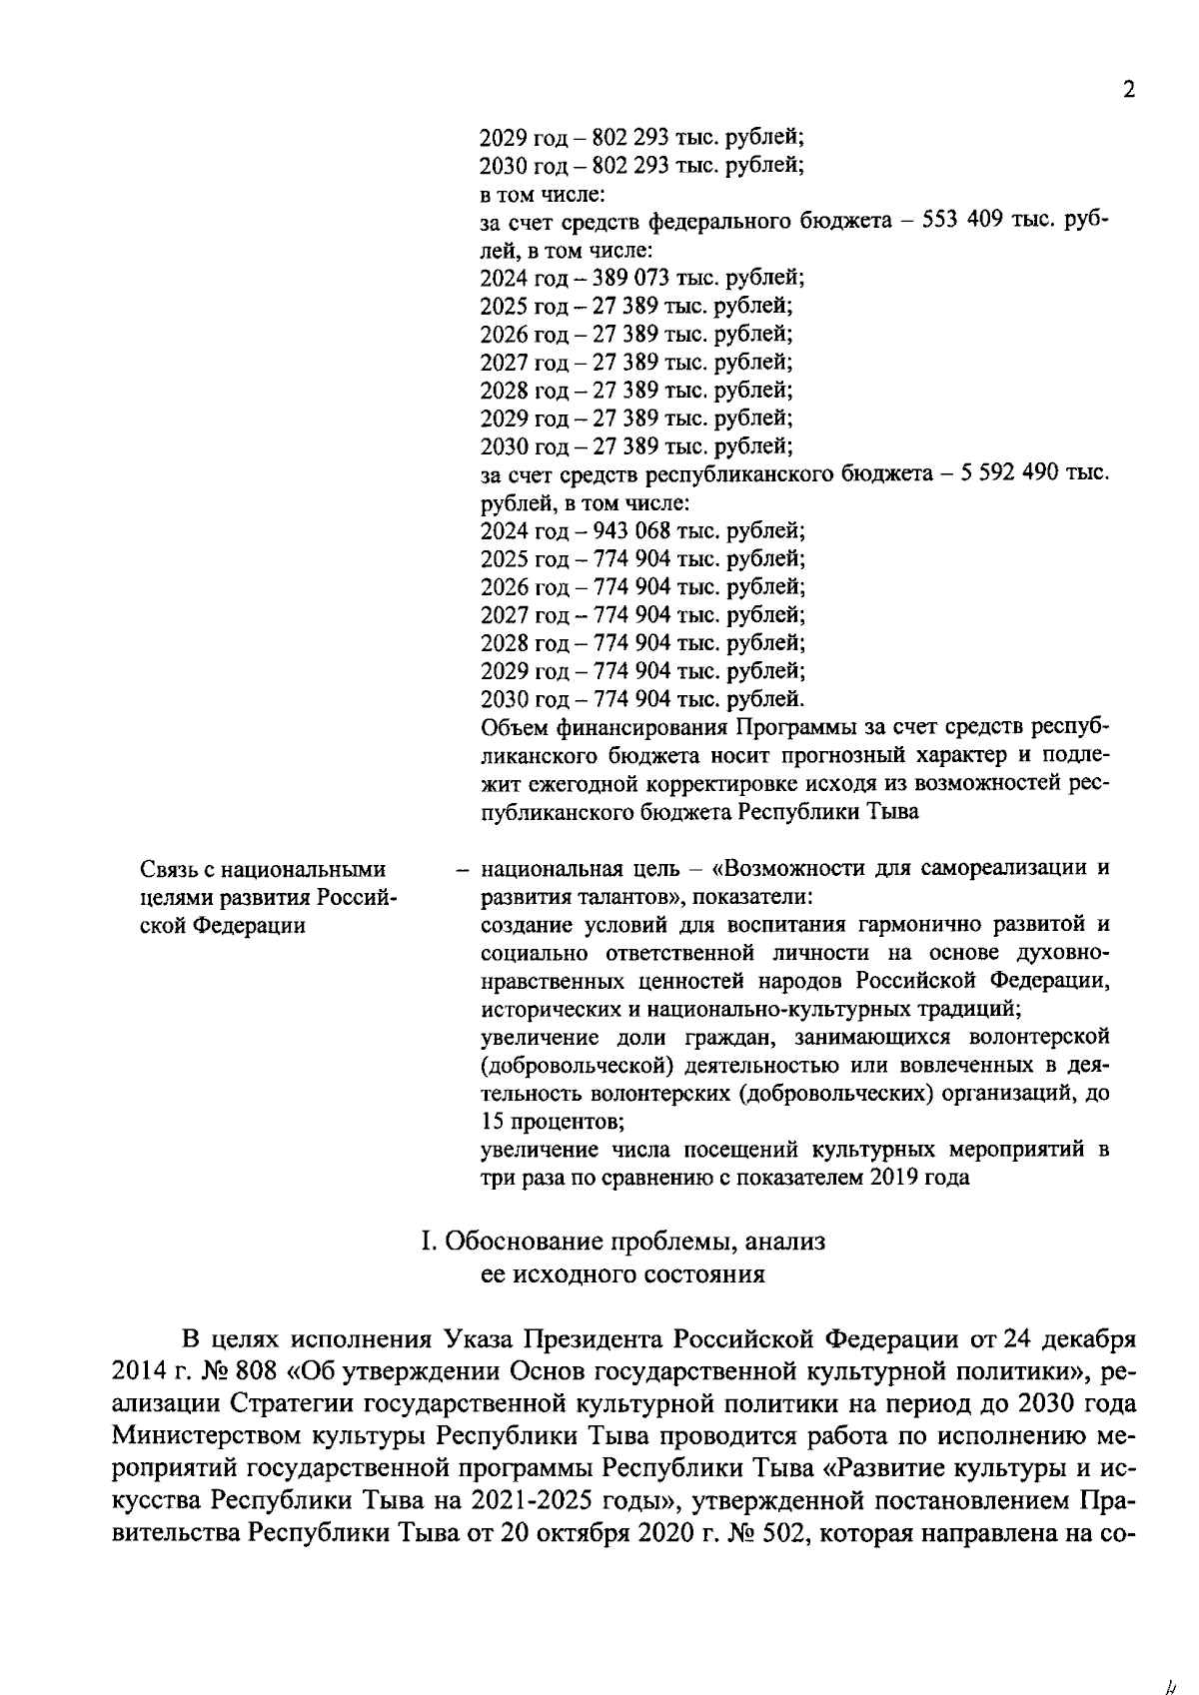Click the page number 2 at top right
click(x=1129, y=90)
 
